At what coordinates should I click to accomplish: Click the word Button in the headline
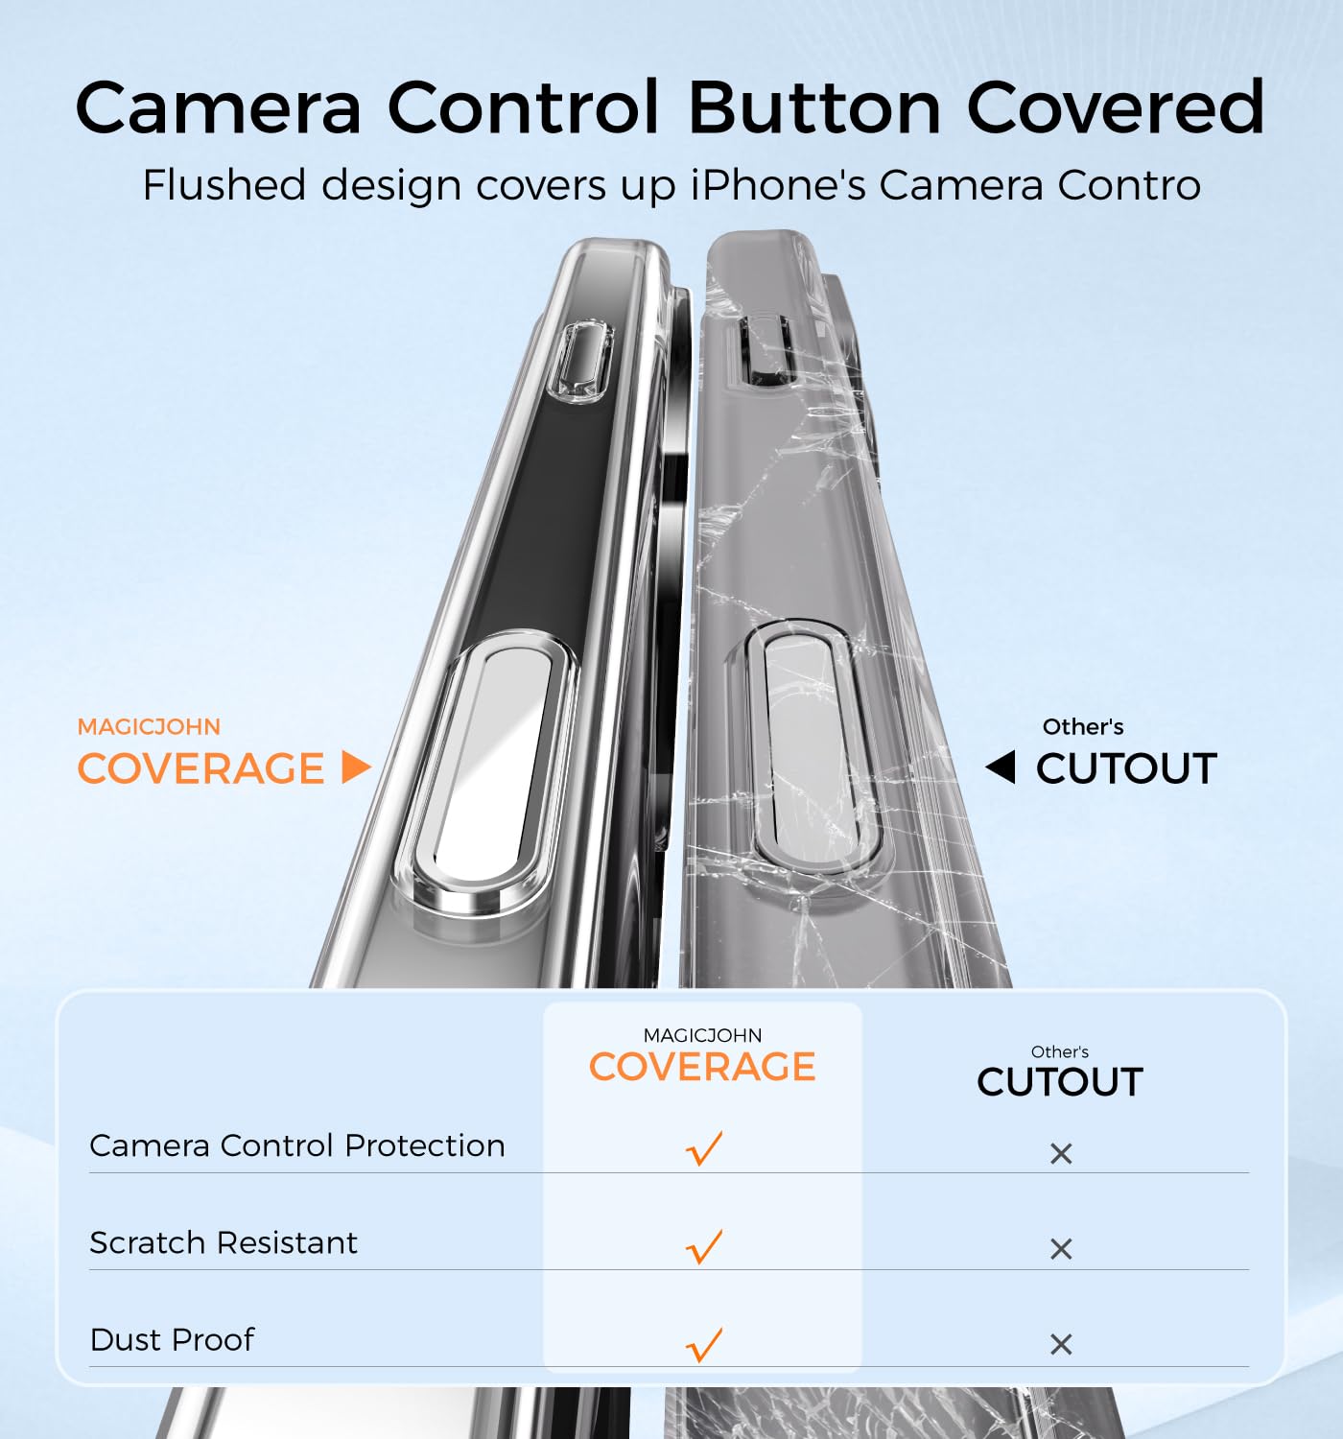pos(813,108)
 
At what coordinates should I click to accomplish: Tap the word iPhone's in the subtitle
pos(778,185)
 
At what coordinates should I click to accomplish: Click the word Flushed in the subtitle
pos(224,185)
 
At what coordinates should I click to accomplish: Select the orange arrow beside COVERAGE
pos(356,767)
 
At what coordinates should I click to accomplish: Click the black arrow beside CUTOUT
pos(1001,767)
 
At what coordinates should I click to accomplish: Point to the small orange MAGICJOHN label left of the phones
pos(150,727)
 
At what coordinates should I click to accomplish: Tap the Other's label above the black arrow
pos(1083,727)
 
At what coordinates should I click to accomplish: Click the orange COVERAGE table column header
pos(702,1067)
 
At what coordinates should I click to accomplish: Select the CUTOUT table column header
pos(1060,1082)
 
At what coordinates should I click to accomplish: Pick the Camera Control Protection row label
pos(297,1145)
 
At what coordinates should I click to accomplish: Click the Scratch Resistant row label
pos(224,1242)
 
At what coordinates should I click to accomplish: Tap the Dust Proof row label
pos(172,1340)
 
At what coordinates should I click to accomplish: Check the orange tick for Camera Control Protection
pos(704,1148)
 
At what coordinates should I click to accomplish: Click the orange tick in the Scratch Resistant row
pos(704,1246)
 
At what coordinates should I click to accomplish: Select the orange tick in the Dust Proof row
pos(704,1344)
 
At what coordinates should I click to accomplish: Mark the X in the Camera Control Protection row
pos(1061,1153)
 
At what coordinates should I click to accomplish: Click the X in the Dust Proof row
pos(1061,1345)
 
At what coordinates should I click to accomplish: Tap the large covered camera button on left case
pos(485,771)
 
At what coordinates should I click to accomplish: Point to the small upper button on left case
pos(579,361)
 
